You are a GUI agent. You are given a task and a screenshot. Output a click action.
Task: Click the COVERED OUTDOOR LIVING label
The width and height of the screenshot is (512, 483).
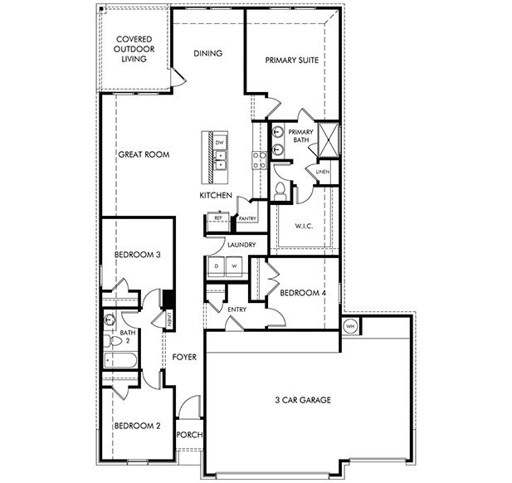pyautogui.click(x=133, y=49)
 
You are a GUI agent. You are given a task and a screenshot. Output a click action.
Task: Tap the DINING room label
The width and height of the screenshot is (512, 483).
pyautogui.click(x=207, y=54)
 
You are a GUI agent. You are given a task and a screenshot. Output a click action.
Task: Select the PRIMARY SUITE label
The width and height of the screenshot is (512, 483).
pyautogui.click(x=291, y=61)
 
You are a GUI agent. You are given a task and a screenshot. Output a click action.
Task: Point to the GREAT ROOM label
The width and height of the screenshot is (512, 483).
pyautogui.click(x=144, y=154)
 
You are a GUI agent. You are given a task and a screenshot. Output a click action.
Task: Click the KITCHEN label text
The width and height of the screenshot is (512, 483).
pyautogui.click(x=215, y=195)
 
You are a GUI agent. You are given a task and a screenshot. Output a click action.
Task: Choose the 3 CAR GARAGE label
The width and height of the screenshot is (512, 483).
pyautogui.click(x=302, y=400)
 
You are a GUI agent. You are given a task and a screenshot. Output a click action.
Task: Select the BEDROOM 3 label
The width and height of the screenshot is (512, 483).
pyautogui.click(x=137, y=255)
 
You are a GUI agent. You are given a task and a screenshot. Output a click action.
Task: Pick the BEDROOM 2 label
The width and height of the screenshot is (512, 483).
pyautogui.click(x=137, y=426)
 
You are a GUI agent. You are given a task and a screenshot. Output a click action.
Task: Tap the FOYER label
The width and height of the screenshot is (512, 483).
pyautogui.click(x=184, y=358)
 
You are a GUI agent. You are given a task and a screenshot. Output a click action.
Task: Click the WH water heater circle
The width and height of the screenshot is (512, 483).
pyautogui.click(x=349, y=325)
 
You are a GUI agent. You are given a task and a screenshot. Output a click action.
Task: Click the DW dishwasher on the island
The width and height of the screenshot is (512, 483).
pyautogui.click(x=220, y=143)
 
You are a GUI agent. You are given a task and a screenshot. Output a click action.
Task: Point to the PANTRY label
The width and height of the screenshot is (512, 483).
pyautogui.click(x=247, y=219)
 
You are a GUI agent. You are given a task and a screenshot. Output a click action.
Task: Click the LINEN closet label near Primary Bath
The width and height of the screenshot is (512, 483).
pyautogui.click(x=323, y=172)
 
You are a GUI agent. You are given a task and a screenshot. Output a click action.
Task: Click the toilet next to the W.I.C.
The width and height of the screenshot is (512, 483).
pyautogui.click(x=280, y=192)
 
